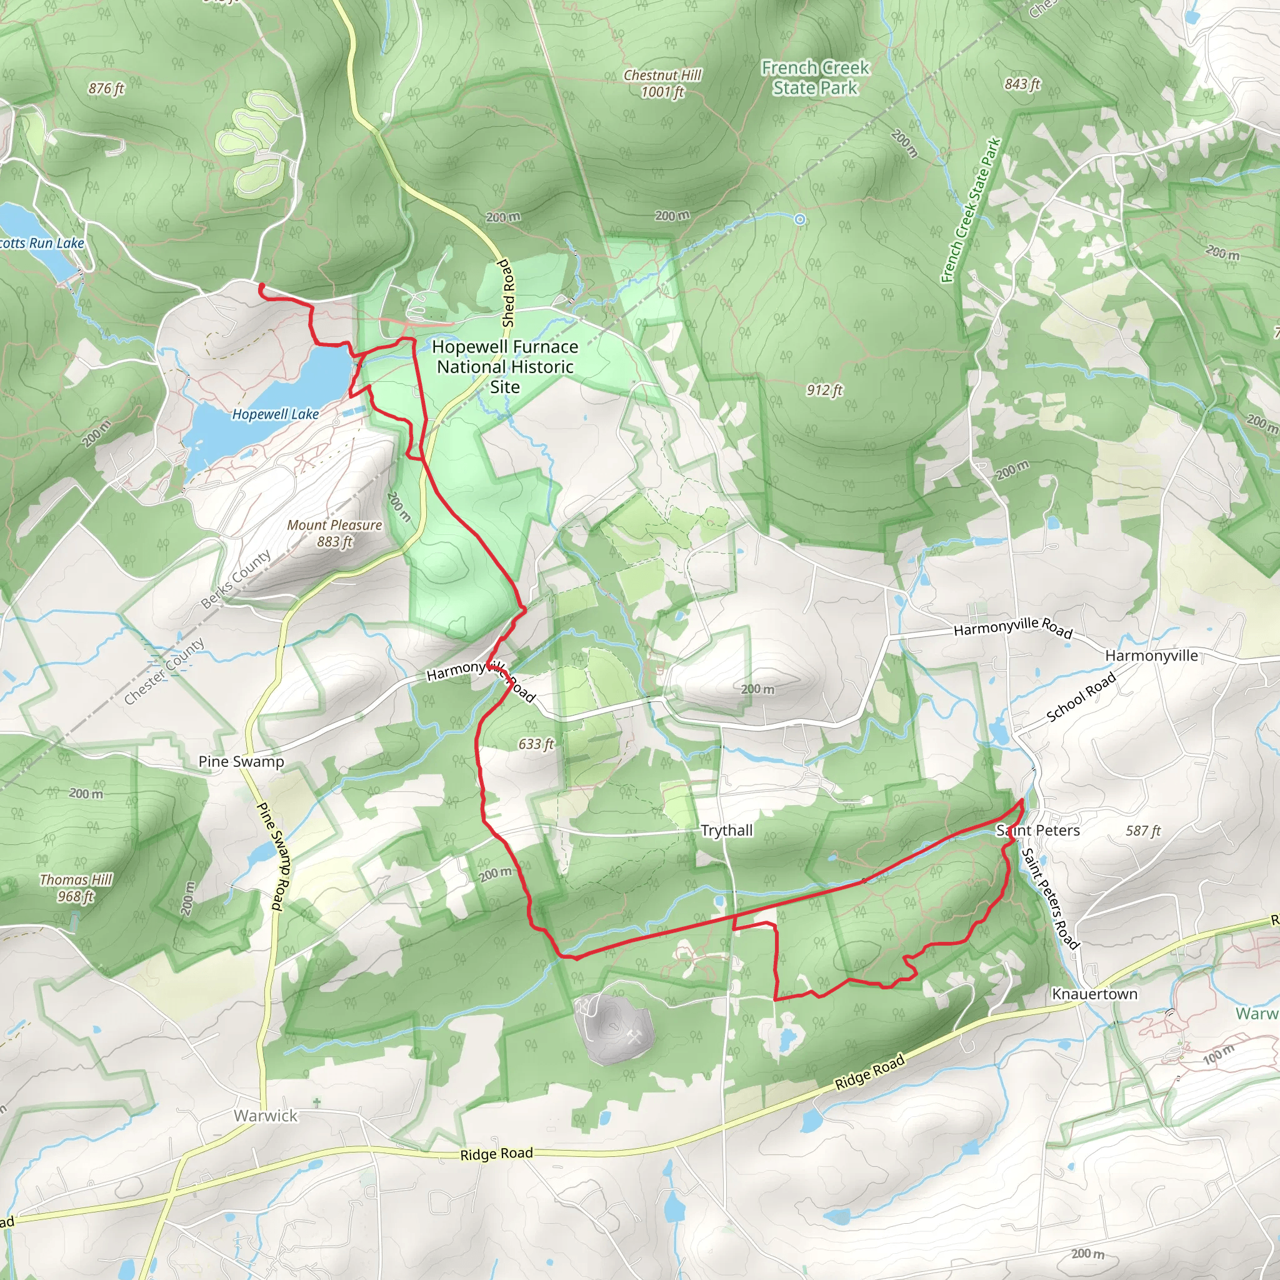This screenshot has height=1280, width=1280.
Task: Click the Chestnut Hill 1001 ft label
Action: (x=662, y=84)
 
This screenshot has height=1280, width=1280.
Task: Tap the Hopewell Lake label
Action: (x=275, y=414)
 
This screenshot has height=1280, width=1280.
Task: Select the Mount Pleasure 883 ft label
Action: (x=334, y=532)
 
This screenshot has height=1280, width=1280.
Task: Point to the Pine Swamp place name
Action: (x=241, y=761)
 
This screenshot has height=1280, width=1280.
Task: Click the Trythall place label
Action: (x=727, y=830)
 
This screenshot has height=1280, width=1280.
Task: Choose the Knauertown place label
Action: (x=1094, y=994)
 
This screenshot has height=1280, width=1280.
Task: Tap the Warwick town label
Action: (x=266, y=1116)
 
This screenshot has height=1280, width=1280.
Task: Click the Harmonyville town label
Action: (x=1151, y=655)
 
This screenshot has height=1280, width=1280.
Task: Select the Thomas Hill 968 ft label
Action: (x=76, y=887)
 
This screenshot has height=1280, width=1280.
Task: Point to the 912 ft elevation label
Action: (x=824, y=390)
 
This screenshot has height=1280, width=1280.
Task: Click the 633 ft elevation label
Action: (x=536, y=744)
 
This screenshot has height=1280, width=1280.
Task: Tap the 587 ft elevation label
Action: (x=1143, y=830)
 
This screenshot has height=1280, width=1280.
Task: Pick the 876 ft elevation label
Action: (x=106, y=88)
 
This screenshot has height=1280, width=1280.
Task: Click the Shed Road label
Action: (x=507, y=294)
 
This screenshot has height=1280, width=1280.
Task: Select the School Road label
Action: (x=1081, y=696)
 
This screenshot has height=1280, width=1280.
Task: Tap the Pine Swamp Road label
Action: (x=270, y=856)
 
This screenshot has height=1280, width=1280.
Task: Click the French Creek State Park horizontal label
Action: (x=815, y=77)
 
